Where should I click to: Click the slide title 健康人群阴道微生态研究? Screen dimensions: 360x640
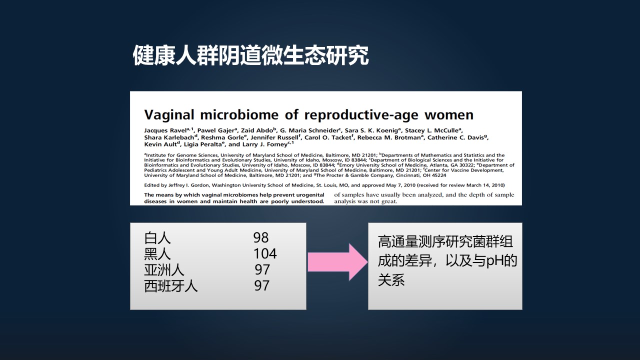pos(250,56)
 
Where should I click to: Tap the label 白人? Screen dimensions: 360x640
pos(157,237)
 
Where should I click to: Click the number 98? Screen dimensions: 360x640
pos(261,237)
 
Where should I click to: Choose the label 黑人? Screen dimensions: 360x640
pos(157,253)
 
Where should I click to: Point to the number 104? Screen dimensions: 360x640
pos(265,253)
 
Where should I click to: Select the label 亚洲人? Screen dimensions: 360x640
pos(164,269)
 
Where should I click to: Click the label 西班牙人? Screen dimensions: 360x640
pos(170,285)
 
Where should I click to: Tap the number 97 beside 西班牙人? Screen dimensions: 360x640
pos(262,285)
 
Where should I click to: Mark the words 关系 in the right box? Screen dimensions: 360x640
pos(391,280)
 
